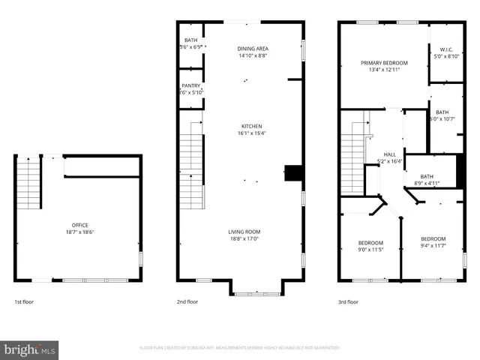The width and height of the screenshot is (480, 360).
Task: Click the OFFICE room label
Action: [x=80, y=224]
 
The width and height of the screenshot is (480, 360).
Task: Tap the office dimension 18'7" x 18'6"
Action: [x=80, y=232]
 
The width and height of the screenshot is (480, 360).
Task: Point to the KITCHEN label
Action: [x=252, y=126]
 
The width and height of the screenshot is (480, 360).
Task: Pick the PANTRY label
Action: [x=190, y=85]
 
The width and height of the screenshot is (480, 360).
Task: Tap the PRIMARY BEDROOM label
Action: [x=384, y=63]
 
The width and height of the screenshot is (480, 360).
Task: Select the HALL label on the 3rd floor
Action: [x=391, y=154]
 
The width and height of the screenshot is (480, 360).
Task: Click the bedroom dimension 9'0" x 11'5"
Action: [x=370, y=249]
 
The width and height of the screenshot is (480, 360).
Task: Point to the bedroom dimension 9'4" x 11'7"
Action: [x=433, y=245]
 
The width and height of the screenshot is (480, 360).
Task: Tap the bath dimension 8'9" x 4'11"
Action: [x=427, y=183]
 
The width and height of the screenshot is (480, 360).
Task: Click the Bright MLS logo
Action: [x=30, y=349]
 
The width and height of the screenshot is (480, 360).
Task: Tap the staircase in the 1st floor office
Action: [x=28, y=184]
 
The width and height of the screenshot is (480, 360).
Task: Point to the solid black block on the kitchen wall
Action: [x=295, y=173]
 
